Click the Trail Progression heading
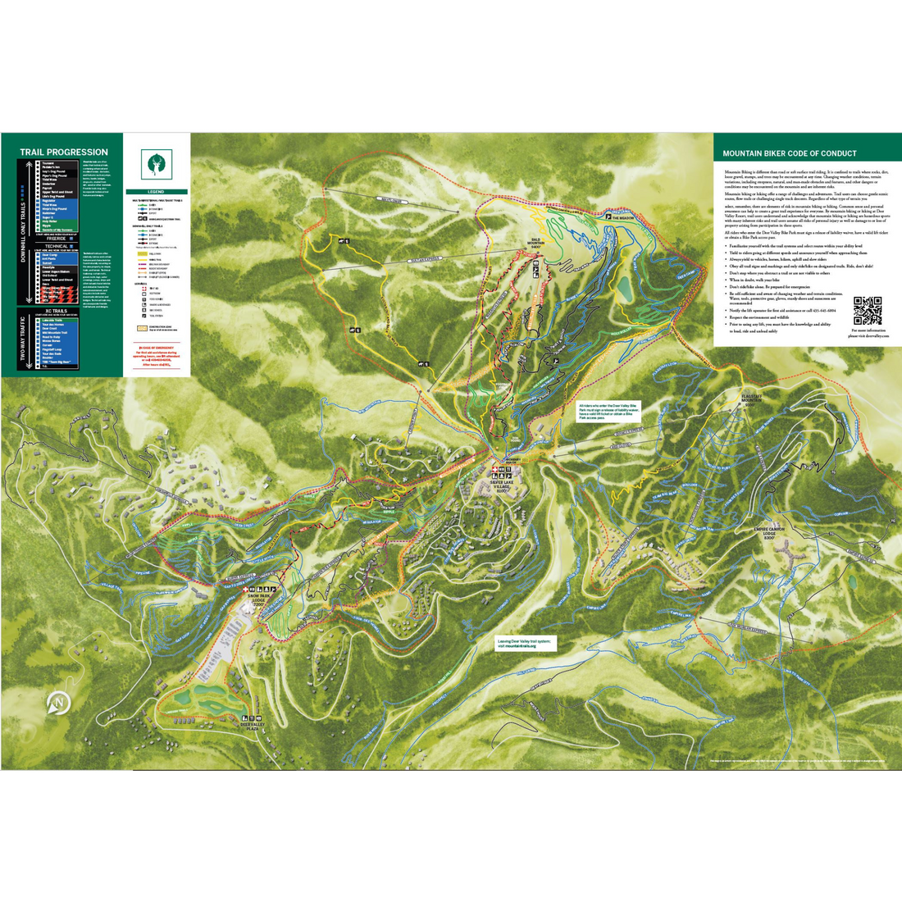click(63, 152)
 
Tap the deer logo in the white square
click(157, 162)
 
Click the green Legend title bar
click(157, 192)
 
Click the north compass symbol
click(57, 703)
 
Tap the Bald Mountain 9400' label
click(535, 244)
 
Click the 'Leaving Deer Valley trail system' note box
click(525, 643)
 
